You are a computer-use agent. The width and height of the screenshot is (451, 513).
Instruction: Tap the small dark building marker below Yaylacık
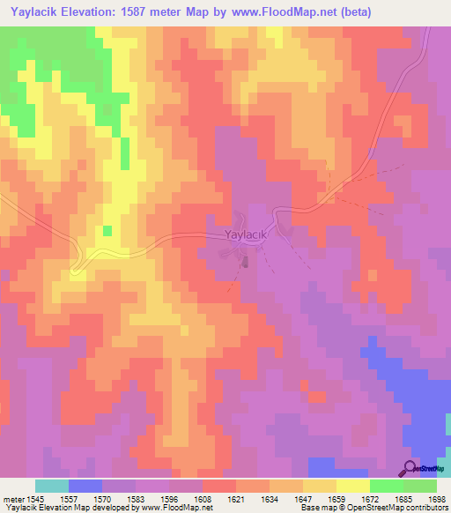(246, 261)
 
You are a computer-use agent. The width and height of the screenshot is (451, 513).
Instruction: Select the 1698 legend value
(434, 498)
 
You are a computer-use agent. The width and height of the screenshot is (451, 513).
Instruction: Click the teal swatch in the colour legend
(52, 486)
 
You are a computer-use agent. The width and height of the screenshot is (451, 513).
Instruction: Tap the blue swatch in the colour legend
(85, 486)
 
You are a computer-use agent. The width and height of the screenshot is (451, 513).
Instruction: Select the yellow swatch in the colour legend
(353, 486)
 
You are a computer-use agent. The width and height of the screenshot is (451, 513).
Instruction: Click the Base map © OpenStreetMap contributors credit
(373, 508)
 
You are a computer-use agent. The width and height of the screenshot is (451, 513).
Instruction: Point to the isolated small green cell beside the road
(107, 230)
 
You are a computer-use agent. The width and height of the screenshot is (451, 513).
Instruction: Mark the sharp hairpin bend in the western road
(75, 269)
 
